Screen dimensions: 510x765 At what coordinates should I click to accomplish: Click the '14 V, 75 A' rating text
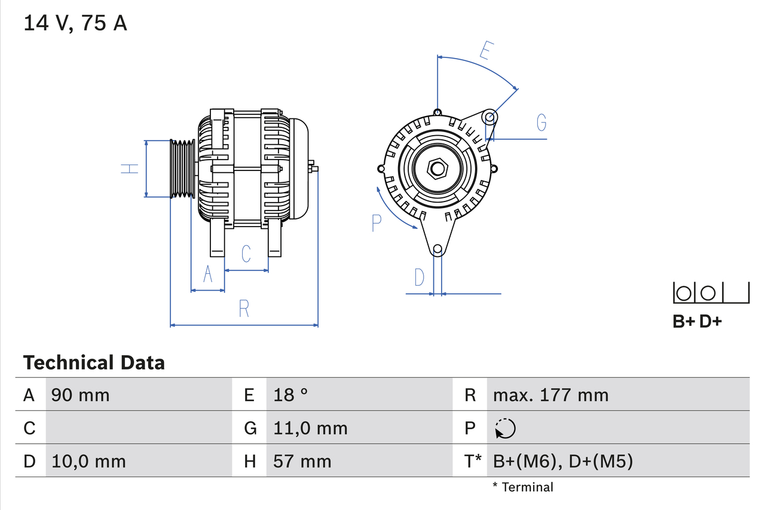(x=75, y=23)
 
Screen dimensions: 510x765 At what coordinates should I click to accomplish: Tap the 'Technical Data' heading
(x=94, y=362)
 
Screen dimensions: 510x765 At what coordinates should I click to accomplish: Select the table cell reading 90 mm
(x=81, y=395)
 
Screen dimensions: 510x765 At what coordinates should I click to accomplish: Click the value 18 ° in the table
(x=291, y=395)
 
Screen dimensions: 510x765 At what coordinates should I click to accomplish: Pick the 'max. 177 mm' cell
(x=550, y=395)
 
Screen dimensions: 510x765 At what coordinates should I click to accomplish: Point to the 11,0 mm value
(x=310, y=428)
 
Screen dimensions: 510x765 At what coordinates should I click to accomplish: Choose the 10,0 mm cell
(x=88, y=461)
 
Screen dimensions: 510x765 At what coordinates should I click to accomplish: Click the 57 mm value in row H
(x=302, y=461)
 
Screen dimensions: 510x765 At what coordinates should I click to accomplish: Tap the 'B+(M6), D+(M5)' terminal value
(x=562, y=461)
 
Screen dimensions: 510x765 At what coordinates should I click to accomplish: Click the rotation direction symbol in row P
(x=505, y=428)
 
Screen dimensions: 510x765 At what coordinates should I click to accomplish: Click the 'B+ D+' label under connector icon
(x=697, y=321)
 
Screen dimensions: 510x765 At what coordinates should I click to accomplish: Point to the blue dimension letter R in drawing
(x=244, y=309)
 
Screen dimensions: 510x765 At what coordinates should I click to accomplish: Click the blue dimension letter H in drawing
(x=130, y=169)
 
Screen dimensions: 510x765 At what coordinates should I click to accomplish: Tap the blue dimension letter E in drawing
(x=486, y=51)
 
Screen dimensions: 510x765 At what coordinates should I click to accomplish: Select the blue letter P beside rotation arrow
(x=376, y=222)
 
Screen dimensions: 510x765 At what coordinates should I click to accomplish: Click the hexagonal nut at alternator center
(x=437, y=169)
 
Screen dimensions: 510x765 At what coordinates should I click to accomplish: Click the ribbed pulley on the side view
(x=183, y=169)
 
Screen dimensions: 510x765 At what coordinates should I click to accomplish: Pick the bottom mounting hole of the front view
(x=437, y=249)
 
